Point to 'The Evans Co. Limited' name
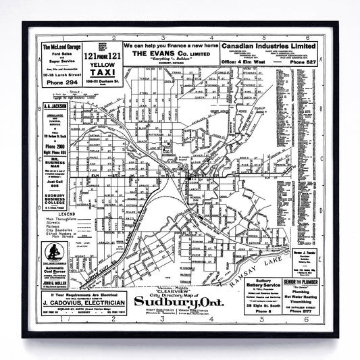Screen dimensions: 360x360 160,53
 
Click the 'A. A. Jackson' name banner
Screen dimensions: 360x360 55,106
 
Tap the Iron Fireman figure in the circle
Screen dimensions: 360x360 53,253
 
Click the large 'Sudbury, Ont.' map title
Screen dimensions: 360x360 178,300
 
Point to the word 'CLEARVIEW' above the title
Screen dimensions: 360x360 178,285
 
